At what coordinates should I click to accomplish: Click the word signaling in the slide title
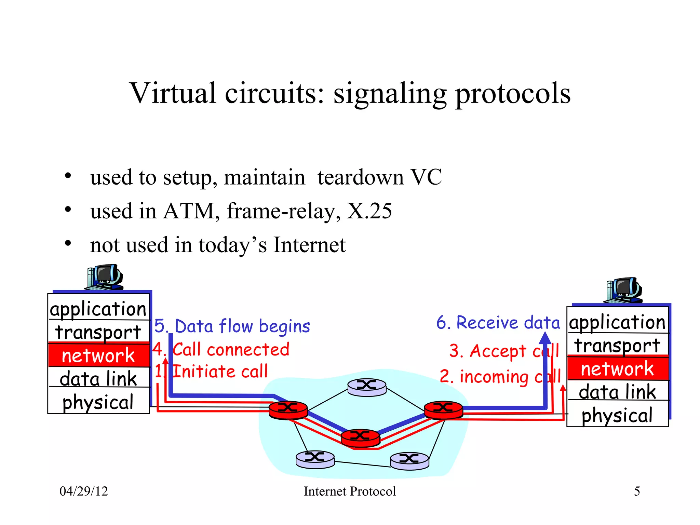(390, 94)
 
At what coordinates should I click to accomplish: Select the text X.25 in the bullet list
(369, 211)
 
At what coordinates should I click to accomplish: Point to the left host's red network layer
(98, 355)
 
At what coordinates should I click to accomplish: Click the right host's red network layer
(617, 369)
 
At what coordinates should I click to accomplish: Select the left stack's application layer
(98, 309)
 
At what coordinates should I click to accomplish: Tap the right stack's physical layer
(617, 415)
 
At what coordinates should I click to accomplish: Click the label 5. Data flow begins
(232, 326)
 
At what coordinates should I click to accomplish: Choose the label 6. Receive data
(498, 323)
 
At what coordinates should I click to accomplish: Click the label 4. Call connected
(221, 350)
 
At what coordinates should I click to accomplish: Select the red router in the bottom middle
(360, 437)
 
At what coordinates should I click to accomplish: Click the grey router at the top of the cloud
(367, 387)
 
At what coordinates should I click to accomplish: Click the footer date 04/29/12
(84, 492)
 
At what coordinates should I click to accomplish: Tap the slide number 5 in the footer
(637, 492)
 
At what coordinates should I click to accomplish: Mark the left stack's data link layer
(98, 379)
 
